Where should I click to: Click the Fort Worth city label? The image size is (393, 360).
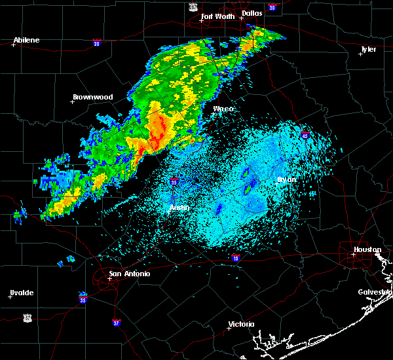(x=217, y=16)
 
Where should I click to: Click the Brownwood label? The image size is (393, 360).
(x=92, y=97)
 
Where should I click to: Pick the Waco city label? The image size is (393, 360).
(x=223, y=109)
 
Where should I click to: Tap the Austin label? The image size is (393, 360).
(x=179, y=207)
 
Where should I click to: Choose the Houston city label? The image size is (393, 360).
(x=367, y=249)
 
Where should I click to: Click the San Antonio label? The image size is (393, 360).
(x=130, y=274)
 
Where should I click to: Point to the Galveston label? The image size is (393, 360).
(x=375, y=292)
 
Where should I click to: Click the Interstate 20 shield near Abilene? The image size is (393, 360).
(x=96, y=43)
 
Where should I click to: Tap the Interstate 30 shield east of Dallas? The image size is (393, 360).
(x=272, y=8)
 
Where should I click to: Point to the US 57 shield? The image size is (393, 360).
(x=26, y=317)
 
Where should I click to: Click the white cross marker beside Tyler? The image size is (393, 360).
(x=360, y=54)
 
